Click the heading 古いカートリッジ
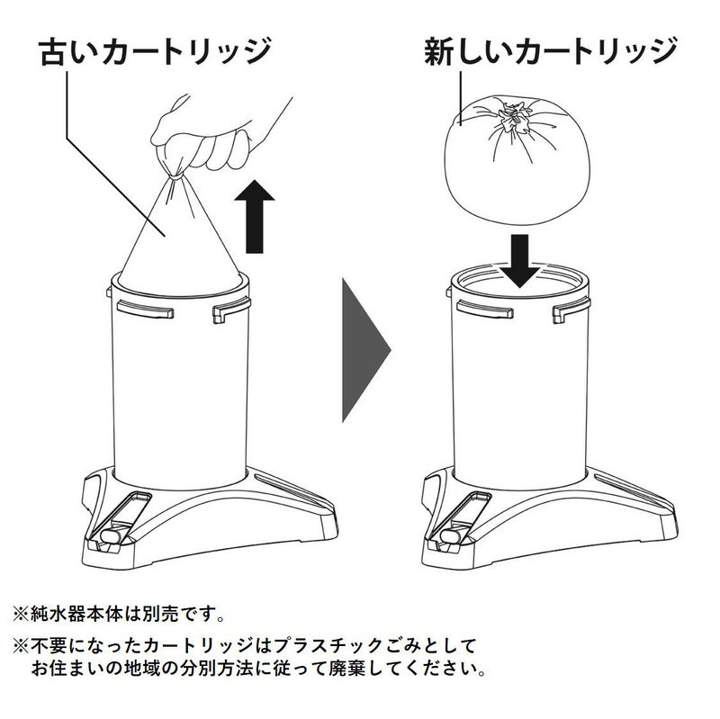pos(155,52)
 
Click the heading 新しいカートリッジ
pos(551,52)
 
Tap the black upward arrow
pos(255,217)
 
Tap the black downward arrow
pos(519,261)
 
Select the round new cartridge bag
pos(517,160)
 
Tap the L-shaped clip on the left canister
pos(231,310)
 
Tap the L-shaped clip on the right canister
pos(571,310)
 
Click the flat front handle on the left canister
pos(145,310)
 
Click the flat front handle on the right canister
pos(485,310)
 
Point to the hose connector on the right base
pos(453,535)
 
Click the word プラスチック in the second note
pos(328,646)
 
